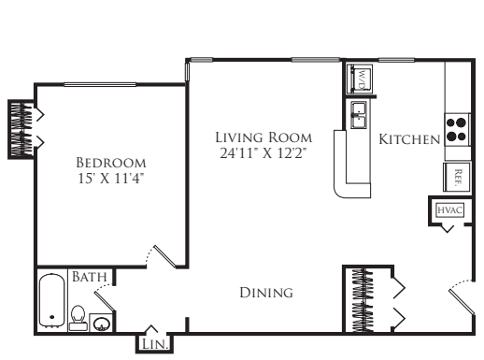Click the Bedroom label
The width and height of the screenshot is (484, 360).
(x=111, y=163)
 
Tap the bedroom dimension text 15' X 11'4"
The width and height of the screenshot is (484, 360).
(x=111, y=179)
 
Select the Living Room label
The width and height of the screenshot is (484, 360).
(x=263, y=137)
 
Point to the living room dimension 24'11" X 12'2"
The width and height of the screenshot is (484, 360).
(x=263, y=153)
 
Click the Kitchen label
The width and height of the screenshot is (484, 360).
(x=409, y=139)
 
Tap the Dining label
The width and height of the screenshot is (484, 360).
(x=266, y=293)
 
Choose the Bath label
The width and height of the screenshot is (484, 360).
(x=90, y=277)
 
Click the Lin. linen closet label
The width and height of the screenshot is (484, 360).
(x=155, y=344)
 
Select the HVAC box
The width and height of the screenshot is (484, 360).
(x=450, y=209)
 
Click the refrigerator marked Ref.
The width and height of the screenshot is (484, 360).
(x=457, y=177)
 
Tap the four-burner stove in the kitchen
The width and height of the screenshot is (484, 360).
(x=457, y=130)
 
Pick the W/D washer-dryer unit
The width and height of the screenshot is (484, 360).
(x=360, y=79)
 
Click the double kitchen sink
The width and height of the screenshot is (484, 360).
(x=359, y=115)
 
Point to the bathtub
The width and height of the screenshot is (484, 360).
(x=51, y=300)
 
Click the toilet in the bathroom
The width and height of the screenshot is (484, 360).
(x=78, y=318)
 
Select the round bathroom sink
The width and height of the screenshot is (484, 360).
(x=102, y=324)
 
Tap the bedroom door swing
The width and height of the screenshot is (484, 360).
(x=162, y=256)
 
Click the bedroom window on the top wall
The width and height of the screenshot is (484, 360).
(x=100, y=84)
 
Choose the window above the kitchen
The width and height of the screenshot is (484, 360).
(x=396, y=60)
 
